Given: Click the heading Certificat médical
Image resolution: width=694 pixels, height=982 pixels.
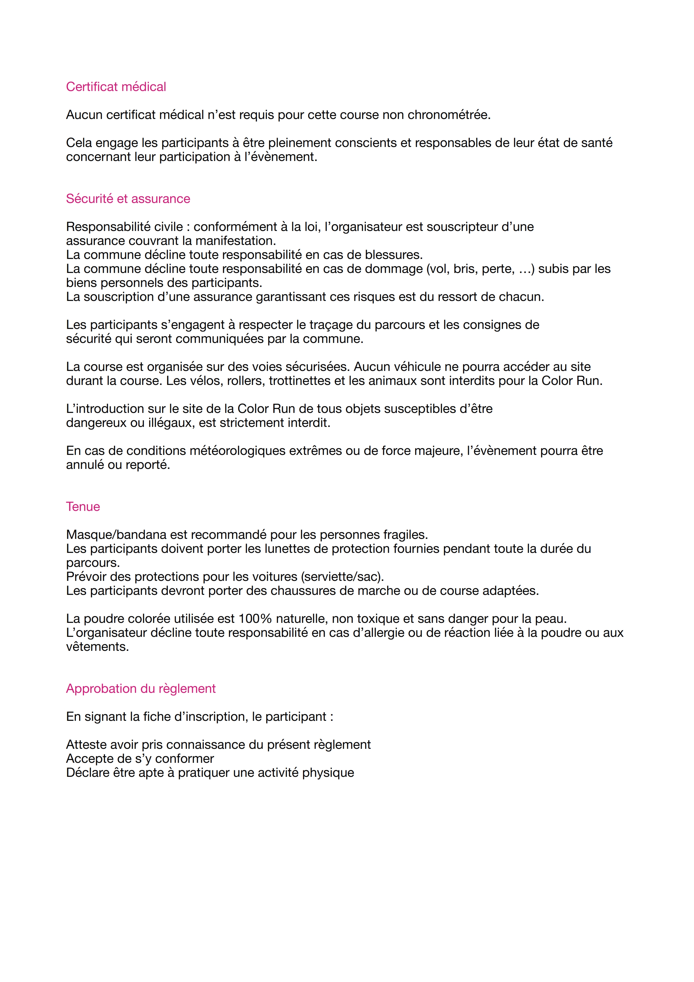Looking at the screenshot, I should pyautogui.click(x=116, y=87).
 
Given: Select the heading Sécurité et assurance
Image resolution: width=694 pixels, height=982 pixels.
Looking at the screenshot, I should pyautogui.click(x=128, y=199).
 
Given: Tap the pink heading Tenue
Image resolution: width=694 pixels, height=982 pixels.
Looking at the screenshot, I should pyautogui.click(x=83, y=507).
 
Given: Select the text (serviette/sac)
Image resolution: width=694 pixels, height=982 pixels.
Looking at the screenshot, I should pyautogui.click(x=342, y=577).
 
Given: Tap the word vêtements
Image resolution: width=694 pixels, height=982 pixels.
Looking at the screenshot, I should pyautogui.click(x=97, y=647).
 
